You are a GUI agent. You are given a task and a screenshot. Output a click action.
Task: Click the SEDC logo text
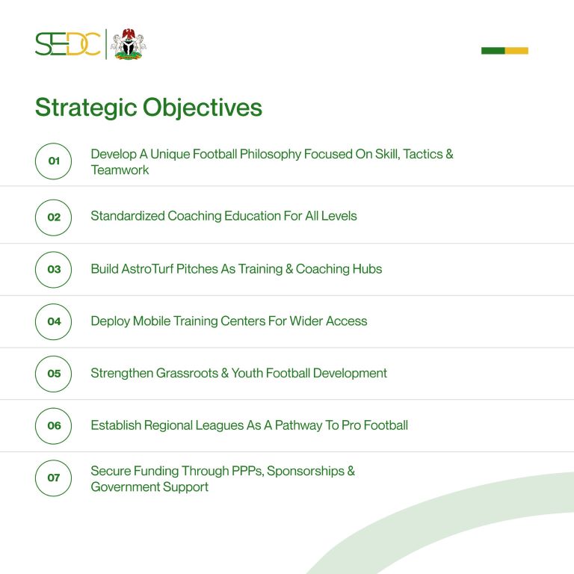tap(68, 44)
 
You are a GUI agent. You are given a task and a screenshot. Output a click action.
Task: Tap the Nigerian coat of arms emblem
tap(128, 44)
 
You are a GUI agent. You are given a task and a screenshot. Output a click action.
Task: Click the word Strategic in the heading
tap(86, 108)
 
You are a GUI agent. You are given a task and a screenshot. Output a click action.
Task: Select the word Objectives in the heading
tap(203, 108)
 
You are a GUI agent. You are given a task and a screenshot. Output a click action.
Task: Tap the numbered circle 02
tap(54, 200)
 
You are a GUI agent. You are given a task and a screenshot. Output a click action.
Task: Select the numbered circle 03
tap(54, 252)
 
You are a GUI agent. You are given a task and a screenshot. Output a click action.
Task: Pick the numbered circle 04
tap(54, 304)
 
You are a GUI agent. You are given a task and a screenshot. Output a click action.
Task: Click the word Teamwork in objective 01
tap(120, 170)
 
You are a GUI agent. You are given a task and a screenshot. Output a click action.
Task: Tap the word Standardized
tap(128, 216)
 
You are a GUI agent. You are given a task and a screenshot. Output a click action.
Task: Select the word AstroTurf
tap(147, 269)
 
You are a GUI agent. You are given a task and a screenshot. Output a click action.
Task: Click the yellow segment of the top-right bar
tap(516, 51)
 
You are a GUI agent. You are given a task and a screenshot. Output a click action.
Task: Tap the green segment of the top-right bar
tap(493, 51)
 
